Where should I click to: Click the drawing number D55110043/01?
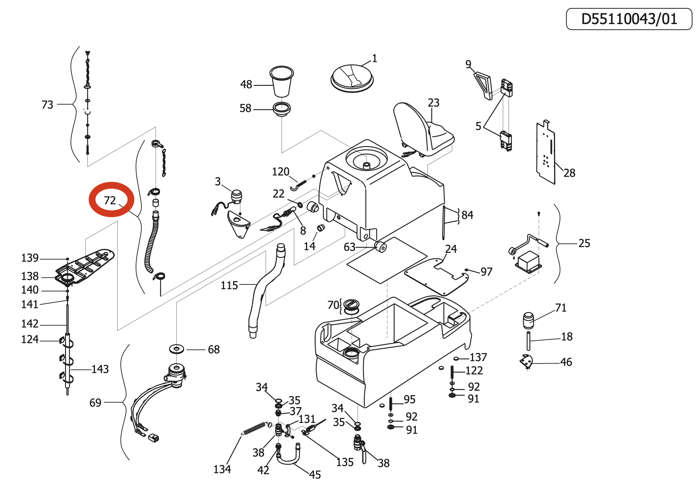[x=629, y=19]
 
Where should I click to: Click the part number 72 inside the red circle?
[x=110, y=200]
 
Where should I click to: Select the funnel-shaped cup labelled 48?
[x=282, y=81]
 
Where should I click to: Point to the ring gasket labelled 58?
[x=282, y=109]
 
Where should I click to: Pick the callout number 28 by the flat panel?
[x=570, y=173]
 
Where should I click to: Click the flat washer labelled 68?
[x=177, y=349]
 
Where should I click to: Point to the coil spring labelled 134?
[x=255, y=428]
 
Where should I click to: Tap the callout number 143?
[x=100, y=369]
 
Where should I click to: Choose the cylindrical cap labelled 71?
[x=529, y=320]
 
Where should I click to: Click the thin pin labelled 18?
[x=529, y=341]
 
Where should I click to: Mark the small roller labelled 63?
[x=381, y=246]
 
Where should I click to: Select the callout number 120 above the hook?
[x=281, y=172]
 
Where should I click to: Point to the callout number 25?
[x=584, y=243]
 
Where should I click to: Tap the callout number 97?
[x=486, y=272]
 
